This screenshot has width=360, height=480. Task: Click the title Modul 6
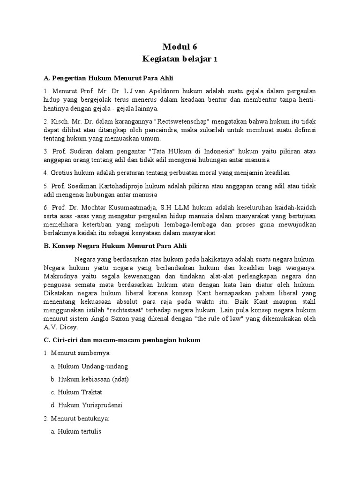tap(180, 46)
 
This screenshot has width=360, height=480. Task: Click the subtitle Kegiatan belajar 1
tap(180, 60)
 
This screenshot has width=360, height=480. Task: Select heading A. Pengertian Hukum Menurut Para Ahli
tap(109, 78)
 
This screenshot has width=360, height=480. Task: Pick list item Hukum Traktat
tap(79, 391)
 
